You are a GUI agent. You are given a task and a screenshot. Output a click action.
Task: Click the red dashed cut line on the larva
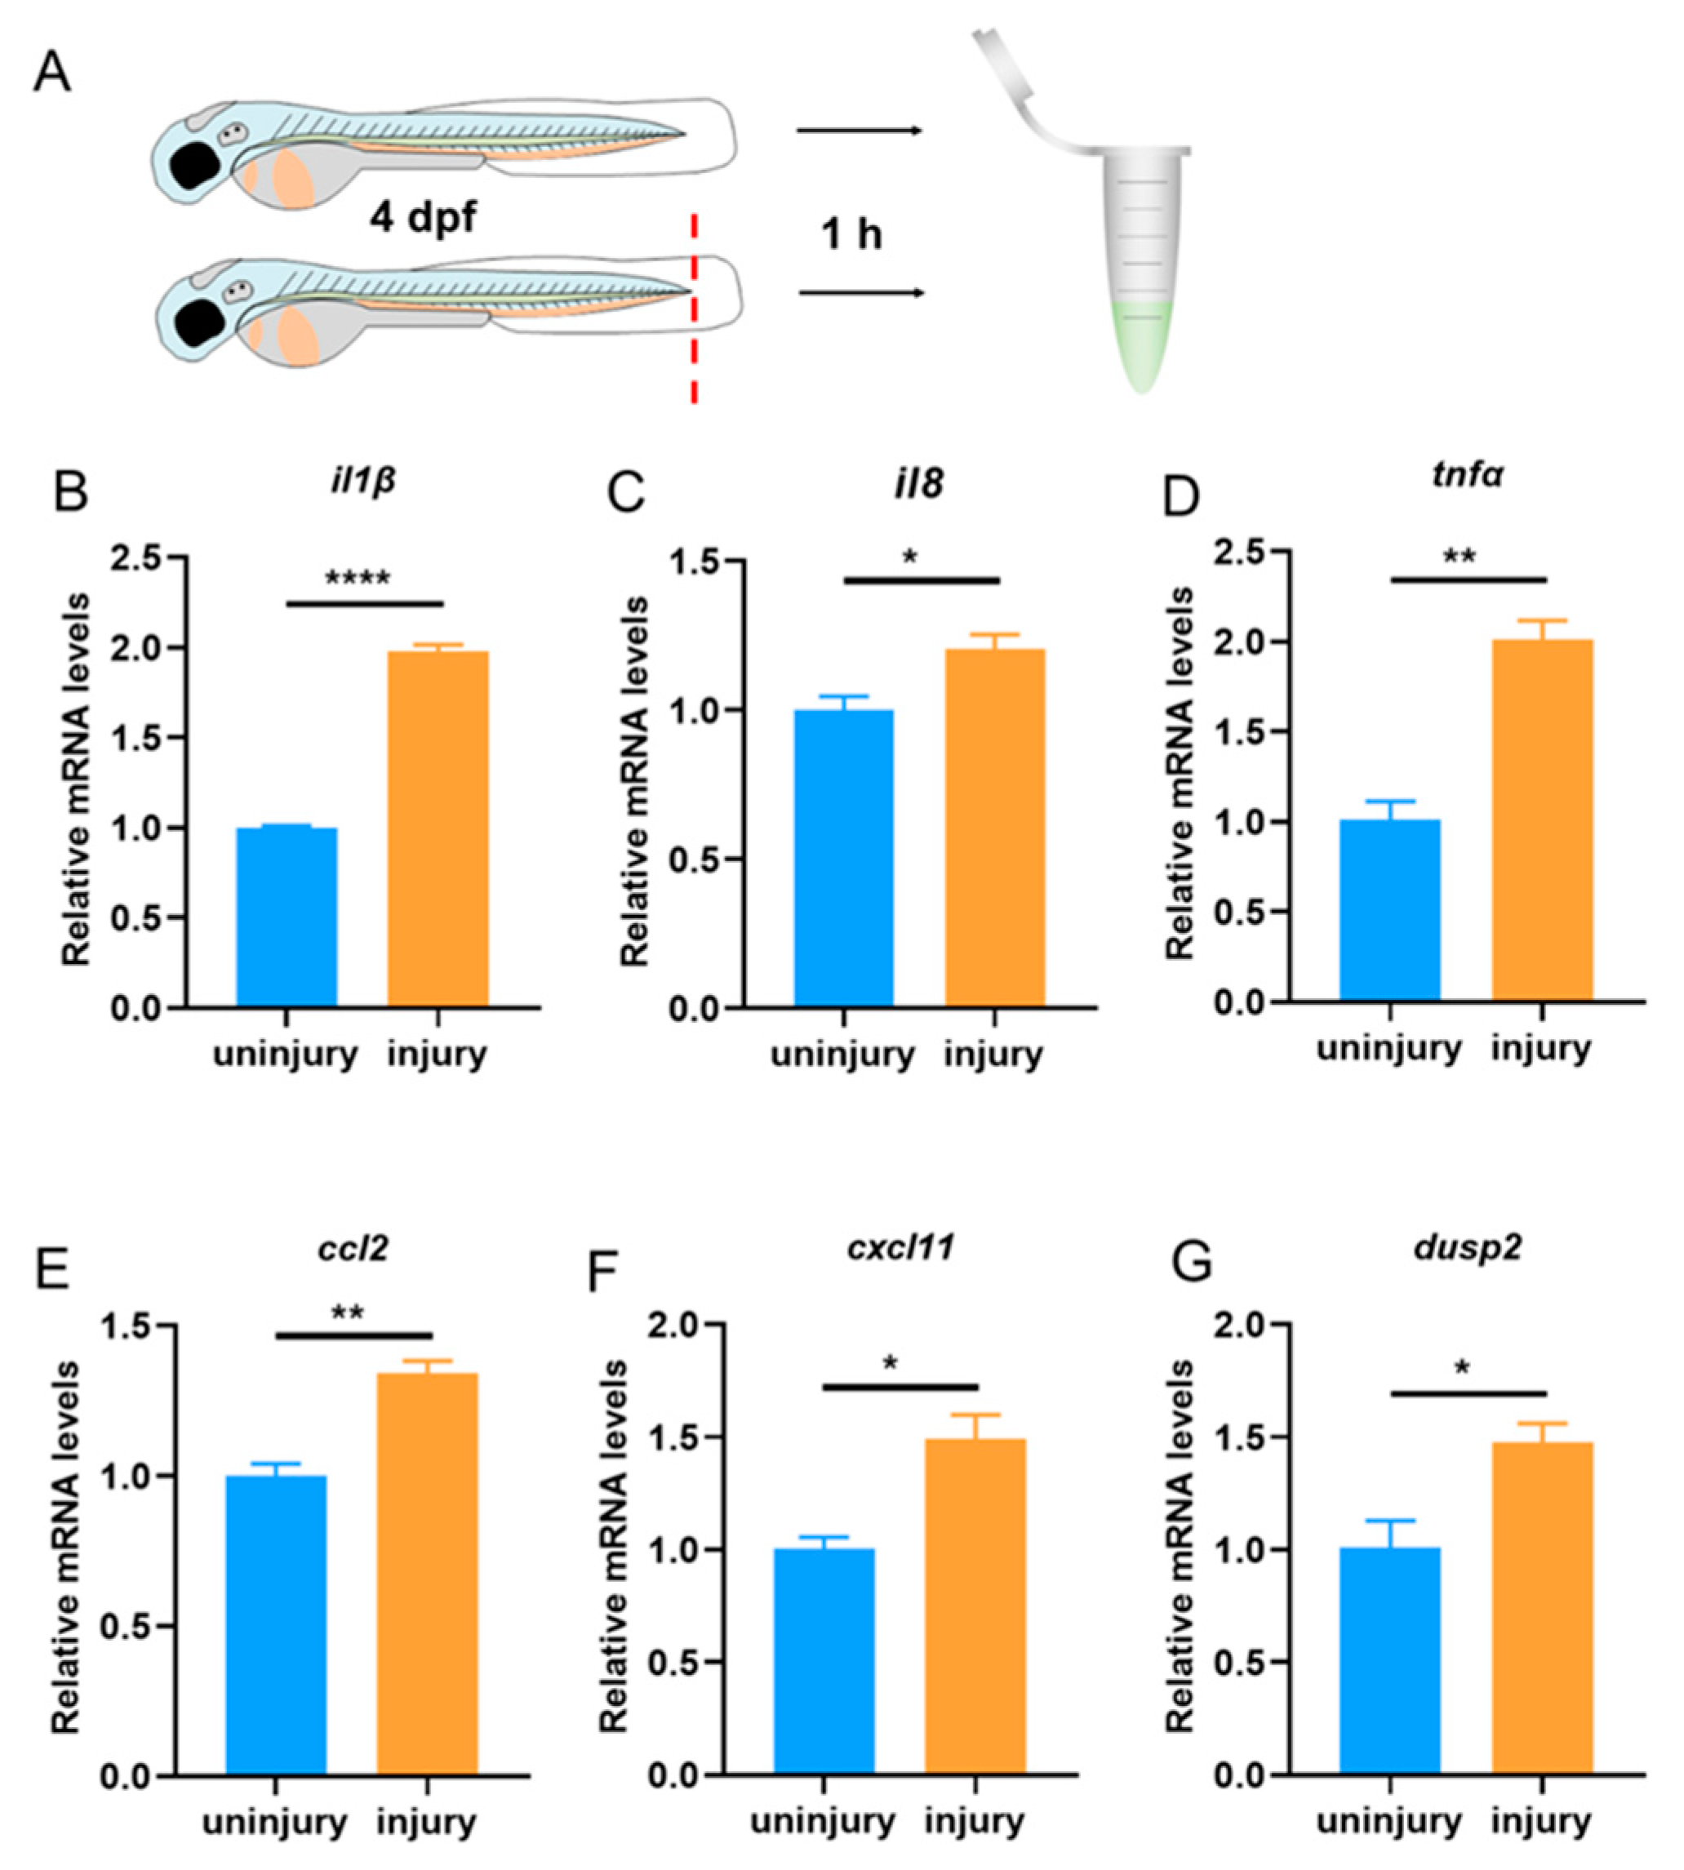[694, 310]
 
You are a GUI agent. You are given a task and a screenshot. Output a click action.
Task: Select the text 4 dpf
[423, 219]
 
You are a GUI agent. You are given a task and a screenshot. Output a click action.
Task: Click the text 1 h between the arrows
[851, 234]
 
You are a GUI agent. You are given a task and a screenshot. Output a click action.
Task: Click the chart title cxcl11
[900, 1248]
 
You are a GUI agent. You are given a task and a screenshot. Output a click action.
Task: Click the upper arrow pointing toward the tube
[859, 131]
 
